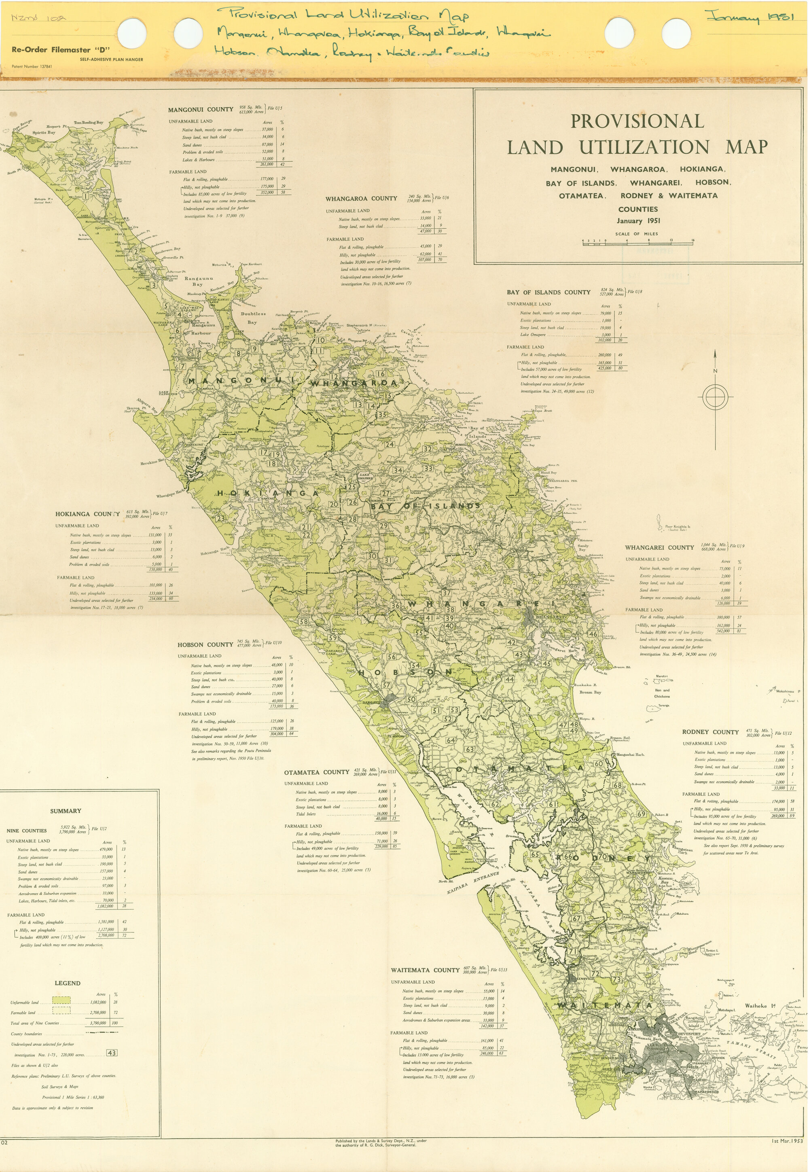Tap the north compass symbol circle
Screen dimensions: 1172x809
pyautogui.click(x=715, y=398)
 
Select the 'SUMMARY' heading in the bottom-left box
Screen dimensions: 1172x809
pyautogui.click(x=66, y=811)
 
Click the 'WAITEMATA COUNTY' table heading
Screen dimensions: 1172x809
pyautogui.click(x=425, y=970)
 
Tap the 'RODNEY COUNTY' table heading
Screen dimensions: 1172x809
pyautogui.click(x=710, y=732)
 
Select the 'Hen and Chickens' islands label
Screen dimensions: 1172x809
pyautogui.click(x=662, y=693)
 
